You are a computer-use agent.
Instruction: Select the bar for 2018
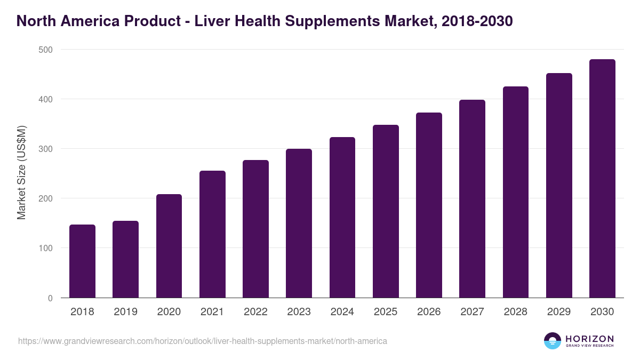point(82,261)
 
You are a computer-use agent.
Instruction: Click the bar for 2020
point(169,246)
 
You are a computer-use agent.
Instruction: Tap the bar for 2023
point(299,223)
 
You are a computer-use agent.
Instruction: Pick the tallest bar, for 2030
point(602,179)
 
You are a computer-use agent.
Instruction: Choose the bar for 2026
point(429,205)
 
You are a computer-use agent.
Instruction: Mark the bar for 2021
point(212,234)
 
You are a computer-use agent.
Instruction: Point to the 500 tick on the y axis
point(46,50)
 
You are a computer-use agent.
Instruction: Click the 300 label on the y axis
point(46,149)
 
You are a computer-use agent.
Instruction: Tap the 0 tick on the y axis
point(50,298)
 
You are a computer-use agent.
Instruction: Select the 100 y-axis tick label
point(46,249)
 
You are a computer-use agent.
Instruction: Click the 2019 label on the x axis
point(125,312)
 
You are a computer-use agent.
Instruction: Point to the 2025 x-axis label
point(386,312)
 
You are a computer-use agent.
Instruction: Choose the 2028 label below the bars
point(516,312)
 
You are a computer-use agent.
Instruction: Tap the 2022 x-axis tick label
point(255,312)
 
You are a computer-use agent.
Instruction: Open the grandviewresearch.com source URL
point(203,341)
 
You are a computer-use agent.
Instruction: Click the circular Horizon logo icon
point(553,341)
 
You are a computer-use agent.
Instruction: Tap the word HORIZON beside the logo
point(589,338)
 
